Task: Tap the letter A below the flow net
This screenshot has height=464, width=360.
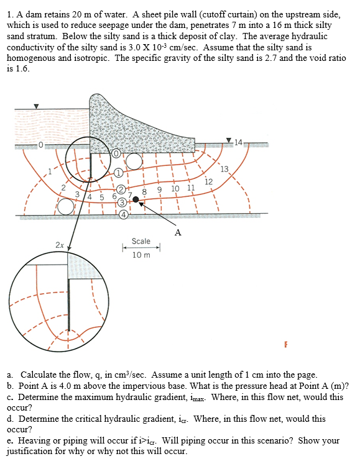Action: click(x=178, y=233)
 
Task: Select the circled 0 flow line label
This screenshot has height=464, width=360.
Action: click(x=116, y=153)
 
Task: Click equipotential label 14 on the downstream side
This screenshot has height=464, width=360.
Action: click(x=241, y=143)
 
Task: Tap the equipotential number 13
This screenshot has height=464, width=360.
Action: click(x=224, y=169)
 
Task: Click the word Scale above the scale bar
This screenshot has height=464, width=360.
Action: click(x=141, y=241)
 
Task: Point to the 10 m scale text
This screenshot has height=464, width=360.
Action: click(x=141, y=255)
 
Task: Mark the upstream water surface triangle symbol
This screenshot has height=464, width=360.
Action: click(x=35, y=106)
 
